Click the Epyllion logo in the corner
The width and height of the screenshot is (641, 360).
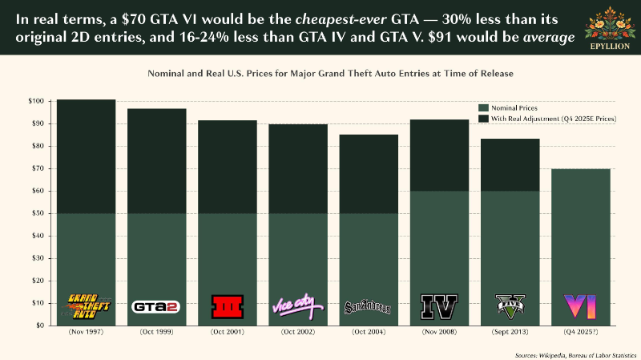click(x=610, y=28)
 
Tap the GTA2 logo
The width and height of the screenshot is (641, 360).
click(x=155, y=306)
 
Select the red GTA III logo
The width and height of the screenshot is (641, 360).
click(x=228, y=306)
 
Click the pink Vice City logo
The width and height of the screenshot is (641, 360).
click(x=297, y=306)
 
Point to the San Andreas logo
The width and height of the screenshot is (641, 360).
click(x=368, y=307)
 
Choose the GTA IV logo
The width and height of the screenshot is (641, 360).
click(x=439, y=307)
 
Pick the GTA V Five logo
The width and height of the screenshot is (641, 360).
click(x=510, y=306)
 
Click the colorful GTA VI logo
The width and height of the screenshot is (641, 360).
click(x=580, y=306)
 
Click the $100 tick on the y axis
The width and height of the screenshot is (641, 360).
click(x=36, y=101)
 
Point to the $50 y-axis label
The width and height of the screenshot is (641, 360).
click(x=38, y=213)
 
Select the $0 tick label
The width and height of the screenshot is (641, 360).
click(x=41, y=326)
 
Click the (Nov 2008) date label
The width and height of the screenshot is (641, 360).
click(x=439, y=332)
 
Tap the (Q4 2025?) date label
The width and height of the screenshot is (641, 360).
click(x=580, y=332)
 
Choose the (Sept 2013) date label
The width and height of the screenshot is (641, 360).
click(x=510, y=332)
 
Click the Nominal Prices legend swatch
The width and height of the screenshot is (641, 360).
click(x=484, y=108)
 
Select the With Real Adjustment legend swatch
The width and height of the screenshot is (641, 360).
click(x=484, y=119)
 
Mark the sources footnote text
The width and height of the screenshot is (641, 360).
click(x=575, y=355)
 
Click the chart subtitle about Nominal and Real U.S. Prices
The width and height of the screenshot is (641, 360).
click(x=330, y=74)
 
